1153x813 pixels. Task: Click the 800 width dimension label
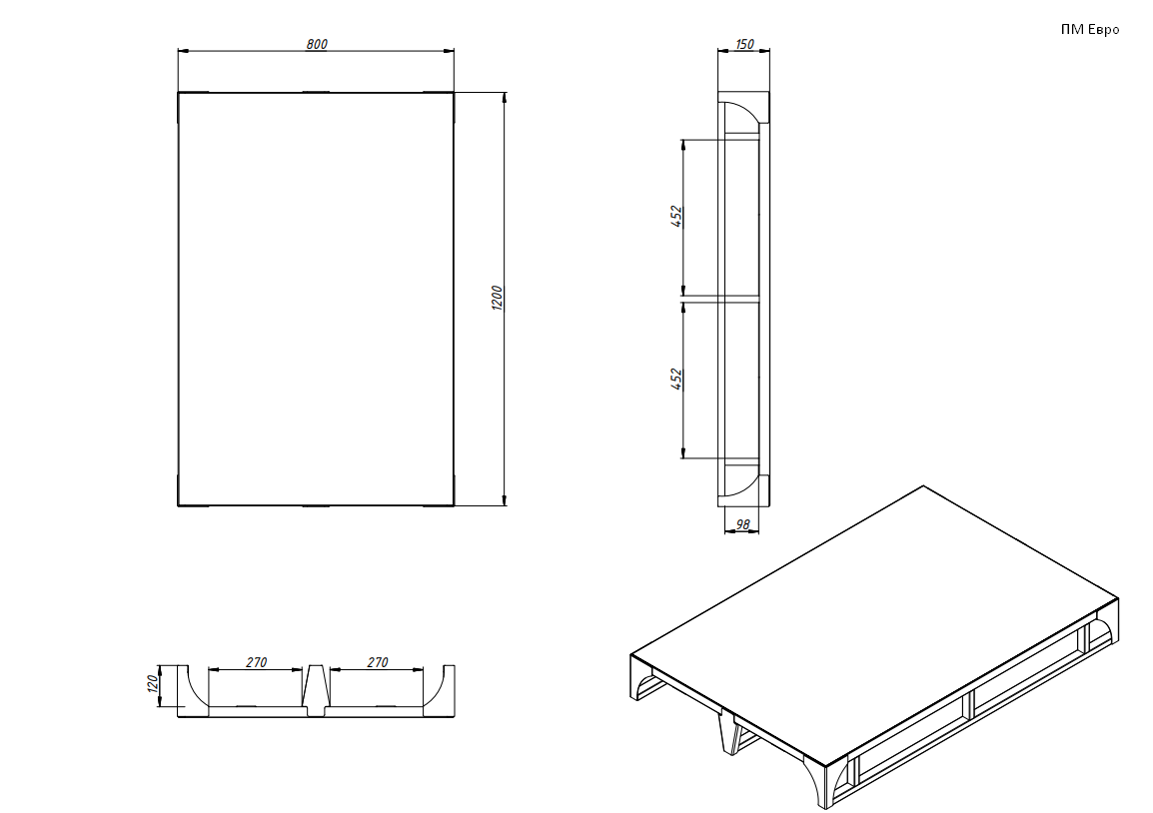[x=316, y=44]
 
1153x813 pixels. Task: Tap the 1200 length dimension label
[x=498, y=299]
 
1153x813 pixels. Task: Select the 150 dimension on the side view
[x=744, y=44]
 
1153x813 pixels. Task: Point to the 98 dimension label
[x=742, y=524]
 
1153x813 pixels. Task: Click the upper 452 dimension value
[x=677, y=217]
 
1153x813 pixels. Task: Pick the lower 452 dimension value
[x=677, y=379]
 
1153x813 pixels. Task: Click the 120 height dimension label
[x=153, y=684]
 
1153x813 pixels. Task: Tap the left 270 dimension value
[x=256, y=662]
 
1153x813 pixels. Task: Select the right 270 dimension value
[x=378, y=662]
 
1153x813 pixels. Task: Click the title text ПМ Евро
[x=1090, y=29]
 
